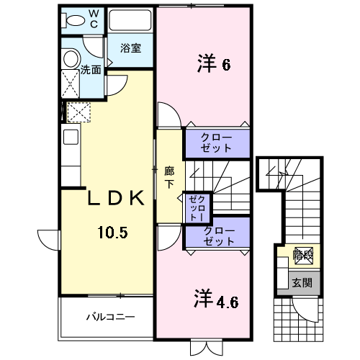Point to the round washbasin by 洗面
70,59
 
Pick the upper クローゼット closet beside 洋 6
216,142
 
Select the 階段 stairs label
303,254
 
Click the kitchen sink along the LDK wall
71,137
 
